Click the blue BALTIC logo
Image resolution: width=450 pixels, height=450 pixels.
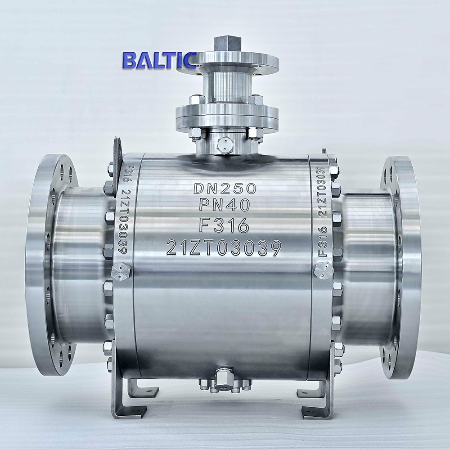pos(159,60)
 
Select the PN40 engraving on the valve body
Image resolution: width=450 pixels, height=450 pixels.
pos(225,206)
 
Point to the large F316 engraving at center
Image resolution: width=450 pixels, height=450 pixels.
pos(225,225)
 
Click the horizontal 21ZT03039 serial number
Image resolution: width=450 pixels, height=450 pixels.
pos(224,247)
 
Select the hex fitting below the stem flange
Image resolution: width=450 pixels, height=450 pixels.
pos(224,145)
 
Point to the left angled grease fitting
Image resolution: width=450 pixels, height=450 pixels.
pos(121,271)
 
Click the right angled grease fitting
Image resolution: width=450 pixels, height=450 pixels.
pos(324,270)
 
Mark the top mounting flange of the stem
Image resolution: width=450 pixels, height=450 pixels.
pos(227,63)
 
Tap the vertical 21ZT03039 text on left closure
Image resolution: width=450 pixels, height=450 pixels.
pos(123,220)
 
